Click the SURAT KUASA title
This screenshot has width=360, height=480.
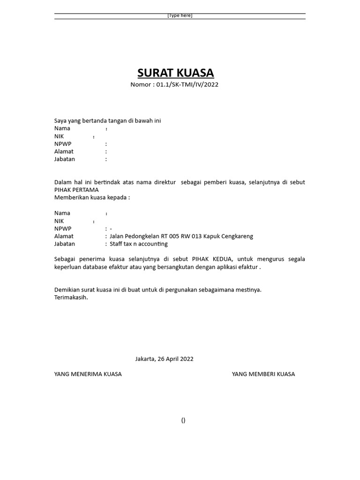click(x=175, y=73)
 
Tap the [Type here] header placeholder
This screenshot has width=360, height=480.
click(x=180, y=15)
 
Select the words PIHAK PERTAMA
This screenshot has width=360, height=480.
click(x=76, y=190)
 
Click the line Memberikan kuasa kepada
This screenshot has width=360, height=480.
click(x=92, y=197)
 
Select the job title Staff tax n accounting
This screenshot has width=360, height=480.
click(x=138, y=244)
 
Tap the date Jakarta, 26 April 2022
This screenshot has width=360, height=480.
click(x=164, y=359)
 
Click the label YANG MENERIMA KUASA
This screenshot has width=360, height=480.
click(x=88, y=374)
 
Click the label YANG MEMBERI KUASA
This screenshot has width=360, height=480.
click(x=263, y=374)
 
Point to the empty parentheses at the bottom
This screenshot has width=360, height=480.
click(x=183, y=420)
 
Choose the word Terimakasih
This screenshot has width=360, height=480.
click(x=71, y=297)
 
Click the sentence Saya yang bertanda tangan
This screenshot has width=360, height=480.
click(x=107, y=120)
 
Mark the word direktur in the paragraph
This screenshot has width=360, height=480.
click(x=165, y=182)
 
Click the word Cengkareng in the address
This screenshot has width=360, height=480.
click(x=237, y=236)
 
